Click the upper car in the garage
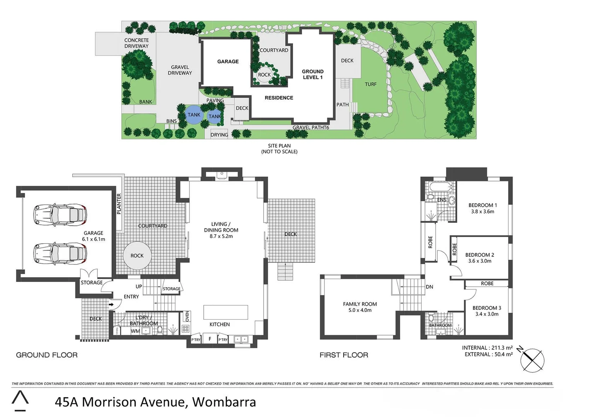(60, 215)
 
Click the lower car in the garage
(60, 253)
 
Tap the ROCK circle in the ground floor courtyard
(137, 256)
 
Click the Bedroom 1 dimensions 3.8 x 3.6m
(482, 212)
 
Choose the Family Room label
(360, 304)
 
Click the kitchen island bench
(226, 312)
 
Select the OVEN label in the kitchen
(187, 316)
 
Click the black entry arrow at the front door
(111, 305)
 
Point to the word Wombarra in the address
(224, 402)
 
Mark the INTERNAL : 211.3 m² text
(487, 348)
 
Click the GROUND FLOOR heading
(47, 355)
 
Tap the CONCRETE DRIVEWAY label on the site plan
(136, 43)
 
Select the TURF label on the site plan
(370, 84)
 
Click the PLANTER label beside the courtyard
(119, 203)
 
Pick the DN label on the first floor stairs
(429, 287)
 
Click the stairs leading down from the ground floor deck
(285, 271)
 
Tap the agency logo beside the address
(20, 401)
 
